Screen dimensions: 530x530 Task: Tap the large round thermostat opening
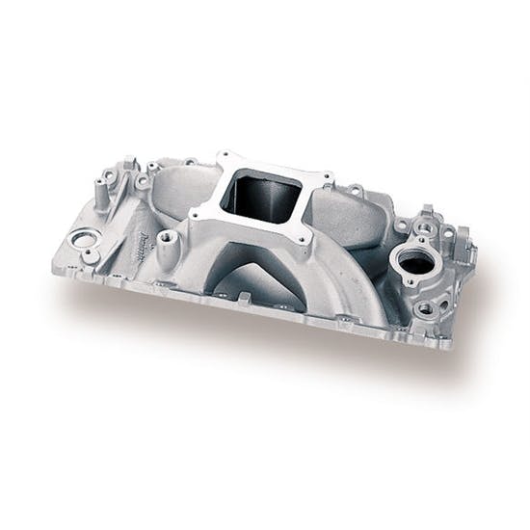(x=412, y=262)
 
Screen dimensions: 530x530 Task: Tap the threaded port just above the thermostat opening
(x=422, y=228)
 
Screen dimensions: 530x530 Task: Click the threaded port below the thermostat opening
(x=425, y=308)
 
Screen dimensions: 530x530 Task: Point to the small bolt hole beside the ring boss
(x=90, y=256)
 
